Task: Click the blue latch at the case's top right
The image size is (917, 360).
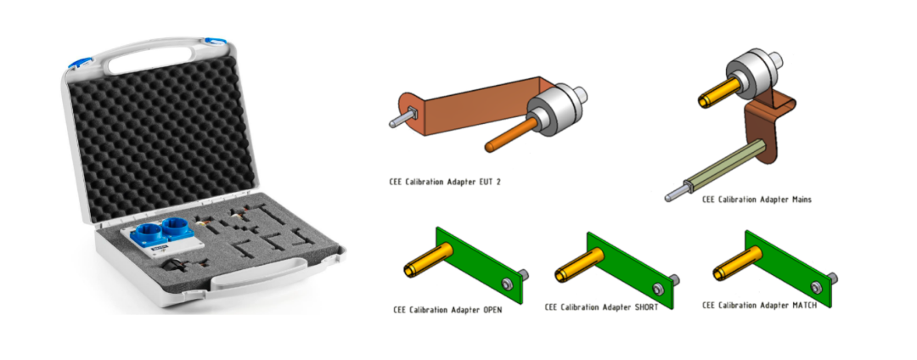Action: click(216, 42)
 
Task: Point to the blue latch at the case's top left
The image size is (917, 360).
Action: click(78, 63)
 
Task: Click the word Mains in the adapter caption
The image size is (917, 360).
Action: click(797, 200)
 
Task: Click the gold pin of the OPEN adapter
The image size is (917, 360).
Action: click(428, 260)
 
